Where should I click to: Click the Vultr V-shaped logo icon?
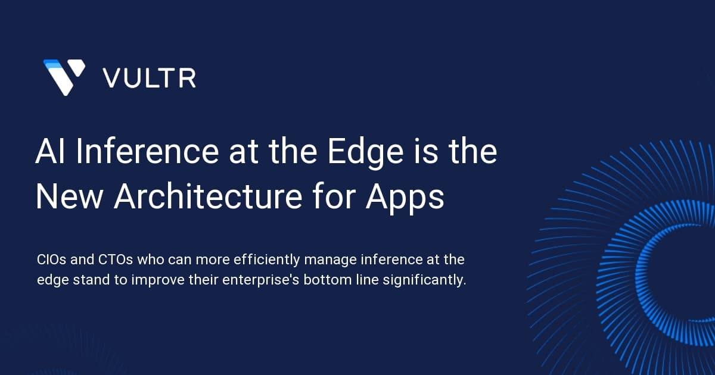pyautogui.click(x=64, y=77)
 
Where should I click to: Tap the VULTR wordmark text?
pyautogui.click(x=150, y=78)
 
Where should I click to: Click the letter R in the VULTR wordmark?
pyautogui.click(x=187, y=78)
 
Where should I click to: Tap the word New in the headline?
pyautogui.click(x=69, y=197)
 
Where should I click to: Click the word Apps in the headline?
pyautogui.click(x=405, y=199)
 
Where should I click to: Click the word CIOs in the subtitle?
pyautogui.click(x=52, y=260)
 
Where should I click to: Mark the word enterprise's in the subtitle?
pyautogui.click(x=261, y=281)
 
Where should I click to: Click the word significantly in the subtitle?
pyautogui.click(x=424, y=281)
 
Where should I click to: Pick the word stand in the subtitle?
pyautogui.click(x=91, y=280)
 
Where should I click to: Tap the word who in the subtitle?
pyautogui.click(x=150, y=260)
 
